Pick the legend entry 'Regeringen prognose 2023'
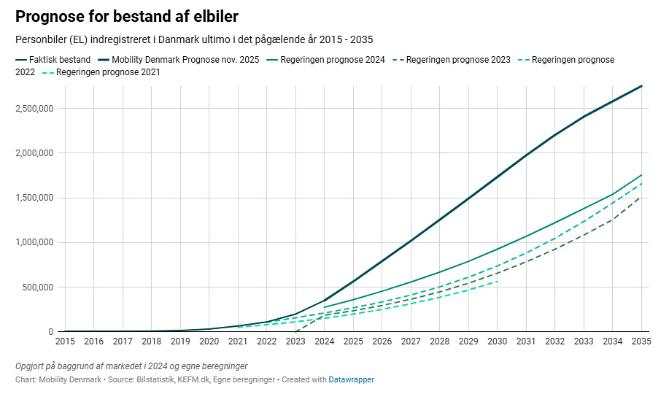point(458,59)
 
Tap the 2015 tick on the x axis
point(65,341)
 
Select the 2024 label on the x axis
point(324,341)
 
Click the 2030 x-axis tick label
point(497,341)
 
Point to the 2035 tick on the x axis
point(641,341)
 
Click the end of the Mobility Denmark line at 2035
point(641,86)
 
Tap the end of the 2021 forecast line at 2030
point(497,281)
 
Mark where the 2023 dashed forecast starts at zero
point(295,331)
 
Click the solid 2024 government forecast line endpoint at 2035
point(641,175)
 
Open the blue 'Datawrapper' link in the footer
point(351,379)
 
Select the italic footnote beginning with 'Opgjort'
point(131,366)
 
